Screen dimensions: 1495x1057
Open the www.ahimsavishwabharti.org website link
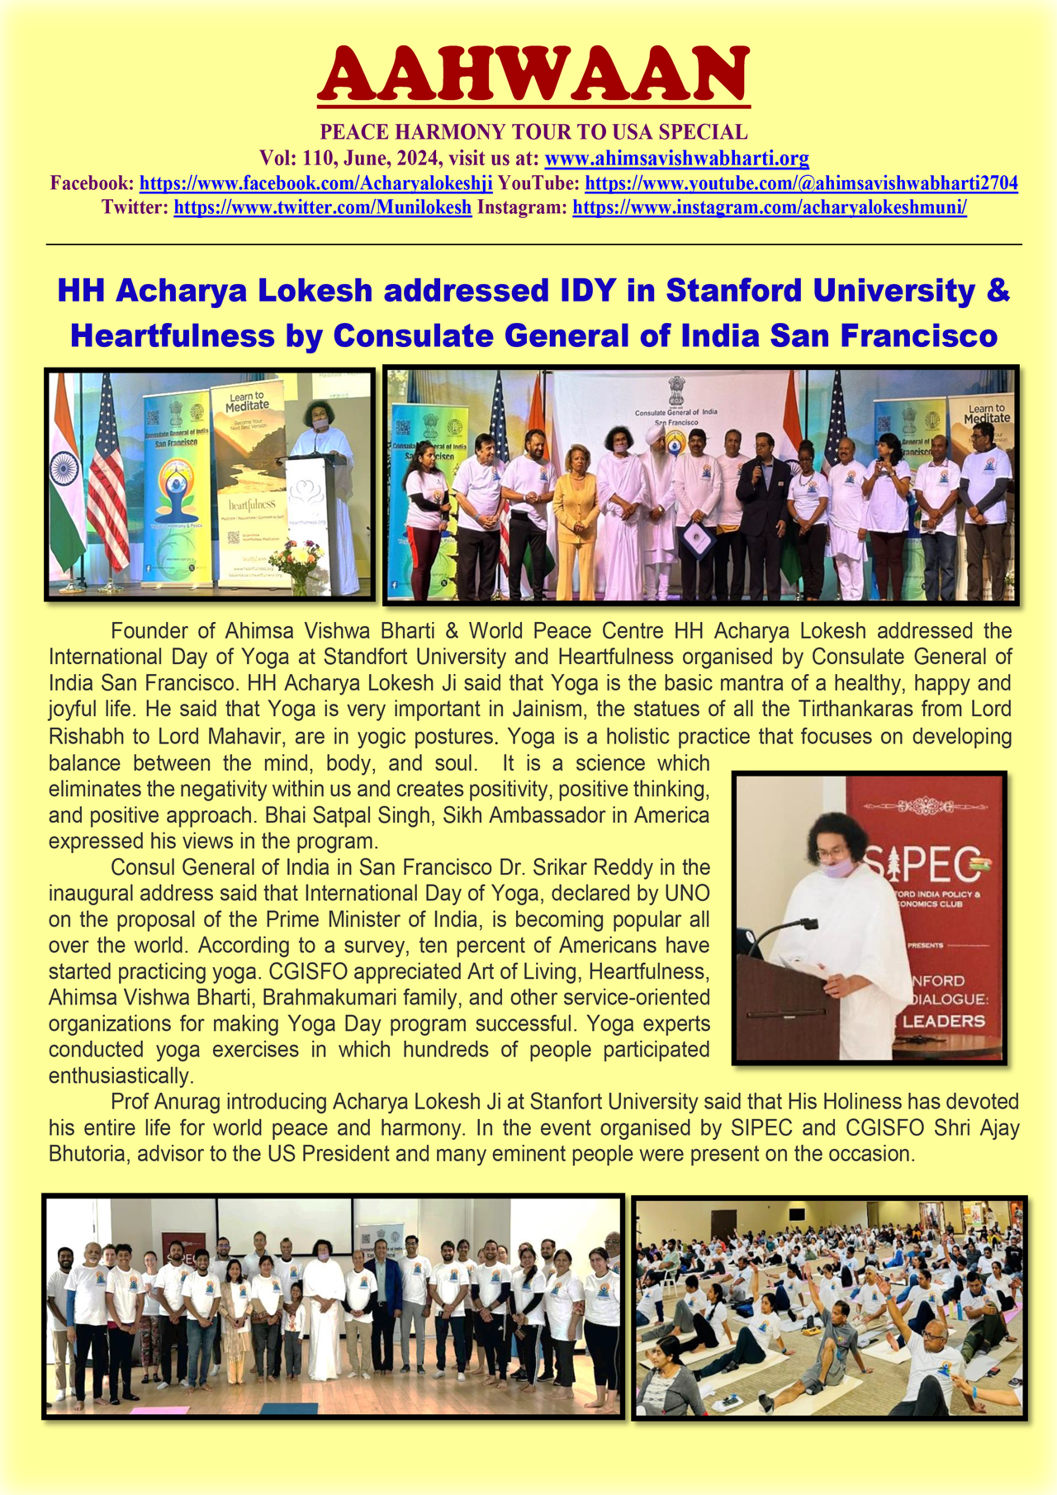(676, 158)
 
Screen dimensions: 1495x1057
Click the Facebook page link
(315, 183)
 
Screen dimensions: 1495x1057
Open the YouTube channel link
(801, 183)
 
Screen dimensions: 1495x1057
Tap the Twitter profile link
(322, 207)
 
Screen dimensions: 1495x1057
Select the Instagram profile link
(769, 207)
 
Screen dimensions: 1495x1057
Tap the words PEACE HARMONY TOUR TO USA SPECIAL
(533, 132)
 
